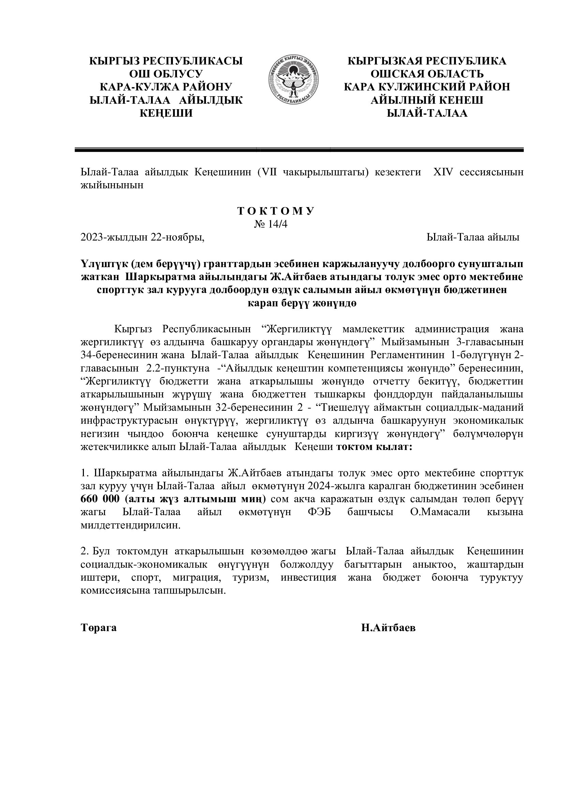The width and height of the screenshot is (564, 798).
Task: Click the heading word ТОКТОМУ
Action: pos(276,211)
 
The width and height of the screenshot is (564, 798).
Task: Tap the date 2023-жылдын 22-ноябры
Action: pos(143,237)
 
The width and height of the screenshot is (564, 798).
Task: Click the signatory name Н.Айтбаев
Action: pos(388,628)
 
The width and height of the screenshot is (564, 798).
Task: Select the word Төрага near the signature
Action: pos(99,628)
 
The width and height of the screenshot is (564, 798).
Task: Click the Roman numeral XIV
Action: pos(443,172)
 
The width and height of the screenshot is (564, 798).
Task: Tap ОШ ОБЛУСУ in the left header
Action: pos(166,74)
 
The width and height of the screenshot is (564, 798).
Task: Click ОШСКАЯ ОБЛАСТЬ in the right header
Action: pos(427,74)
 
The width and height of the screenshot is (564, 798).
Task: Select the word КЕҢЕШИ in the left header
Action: pos(166,113)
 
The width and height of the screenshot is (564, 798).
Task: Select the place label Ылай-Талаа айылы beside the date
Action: pos(473,237)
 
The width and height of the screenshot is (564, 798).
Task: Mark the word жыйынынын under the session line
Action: pos(112,185)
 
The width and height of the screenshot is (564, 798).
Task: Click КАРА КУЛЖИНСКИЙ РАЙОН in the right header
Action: pos(427,87)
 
